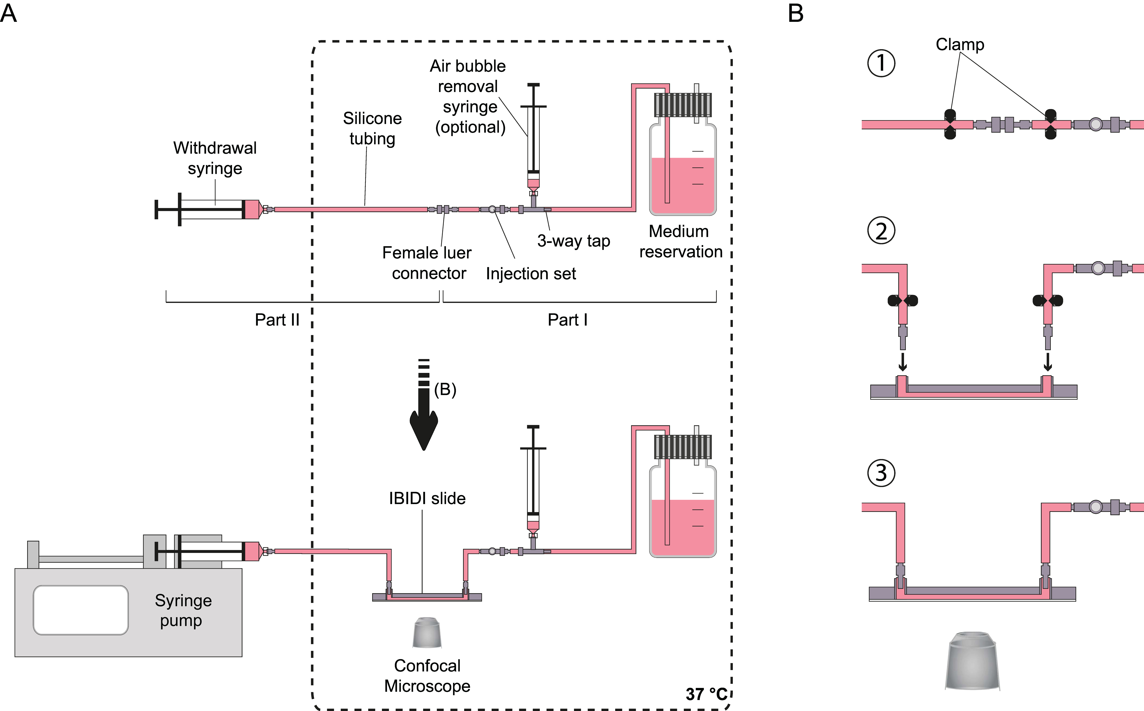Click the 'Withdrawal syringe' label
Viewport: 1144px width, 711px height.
215,158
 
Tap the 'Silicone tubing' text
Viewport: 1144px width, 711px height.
372,128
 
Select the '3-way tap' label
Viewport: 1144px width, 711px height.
573,241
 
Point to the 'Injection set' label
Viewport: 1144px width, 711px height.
531,274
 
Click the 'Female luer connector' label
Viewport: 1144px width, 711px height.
427,263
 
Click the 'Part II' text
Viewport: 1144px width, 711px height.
277,320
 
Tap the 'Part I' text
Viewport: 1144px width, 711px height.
567,320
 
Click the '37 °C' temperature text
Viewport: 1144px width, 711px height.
706,694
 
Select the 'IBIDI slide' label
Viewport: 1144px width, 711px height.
427,498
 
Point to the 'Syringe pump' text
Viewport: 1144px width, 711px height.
183,610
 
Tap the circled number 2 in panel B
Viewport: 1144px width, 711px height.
881,231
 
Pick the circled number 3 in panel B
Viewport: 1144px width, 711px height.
881,473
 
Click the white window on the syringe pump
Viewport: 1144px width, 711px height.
81,610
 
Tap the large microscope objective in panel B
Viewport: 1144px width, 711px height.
972,661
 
